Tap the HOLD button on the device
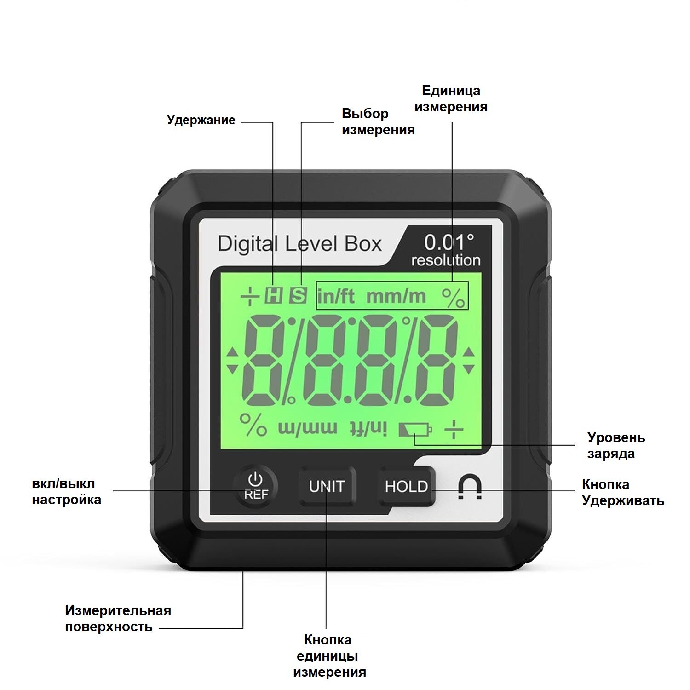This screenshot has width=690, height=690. click(x=406, y=486)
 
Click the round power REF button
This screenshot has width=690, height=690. click(x=255, y=486)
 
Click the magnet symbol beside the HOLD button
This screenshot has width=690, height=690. click(x=470, y=488)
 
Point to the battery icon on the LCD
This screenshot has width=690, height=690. click(x=415, y=430)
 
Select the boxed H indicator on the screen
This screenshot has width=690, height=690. click(x=274, y=296)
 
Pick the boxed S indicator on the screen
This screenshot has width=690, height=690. click(x=298, y=296)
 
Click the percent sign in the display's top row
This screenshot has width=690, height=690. click(x=454, y=298)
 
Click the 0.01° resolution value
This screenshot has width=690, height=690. click(x=448, y=242)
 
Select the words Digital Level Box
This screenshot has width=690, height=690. click(x=299, y=244)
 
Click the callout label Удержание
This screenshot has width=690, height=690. click(x=201, y=121)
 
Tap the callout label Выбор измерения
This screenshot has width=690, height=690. click(x=378, y=122)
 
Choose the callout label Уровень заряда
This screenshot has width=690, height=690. click(x=616, y=445)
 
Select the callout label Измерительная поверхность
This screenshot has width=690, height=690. click(x=118, y=619)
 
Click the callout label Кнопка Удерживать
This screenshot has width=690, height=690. click(x=623, y=492)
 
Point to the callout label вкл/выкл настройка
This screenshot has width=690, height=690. click(x=66, y=492)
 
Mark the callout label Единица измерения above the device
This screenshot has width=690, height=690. click(x=451, y=98)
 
